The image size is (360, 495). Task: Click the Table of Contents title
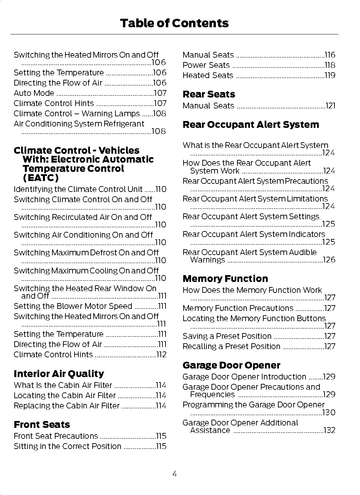174,23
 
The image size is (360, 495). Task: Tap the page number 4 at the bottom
174,474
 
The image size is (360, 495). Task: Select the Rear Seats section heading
209,94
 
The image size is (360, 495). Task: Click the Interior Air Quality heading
59,374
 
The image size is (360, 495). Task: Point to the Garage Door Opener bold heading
231,365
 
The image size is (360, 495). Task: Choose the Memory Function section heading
225,279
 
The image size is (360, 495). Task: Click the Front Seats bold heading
42,425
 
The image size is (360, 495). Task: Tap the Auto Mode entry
34,93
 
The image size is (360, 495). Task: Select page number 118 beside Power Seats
330,65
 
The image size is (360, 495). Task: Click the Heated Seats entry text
208,75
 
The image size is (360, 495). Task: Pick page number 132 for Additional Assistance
329,430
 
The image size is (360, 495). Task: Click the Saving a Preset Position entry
227,336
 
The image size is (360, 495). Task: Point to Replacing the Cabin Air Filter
66,406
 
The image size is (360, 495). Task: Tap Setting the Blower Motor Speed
73,306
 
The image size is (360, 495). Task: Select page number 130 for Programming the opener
329,412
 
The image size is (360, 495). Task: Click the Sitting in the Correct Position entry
67,446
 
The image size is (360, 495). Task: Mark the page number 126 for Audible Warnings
329,260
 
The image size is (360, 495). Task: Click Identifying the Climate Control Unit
78,189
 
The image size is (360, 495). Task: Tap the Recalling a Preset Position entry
231,346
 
